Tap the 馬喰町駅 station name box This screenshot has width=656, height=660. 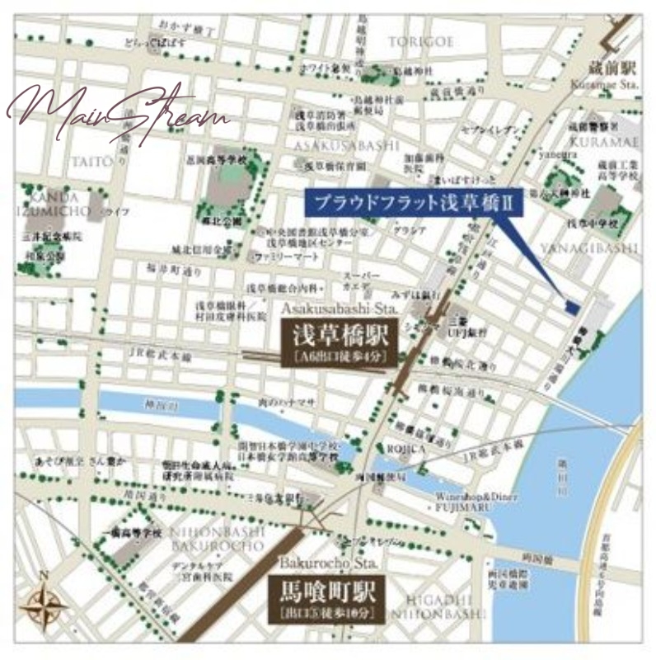[326, 600]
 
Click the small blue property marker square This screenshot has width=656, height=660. [571, 307]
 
